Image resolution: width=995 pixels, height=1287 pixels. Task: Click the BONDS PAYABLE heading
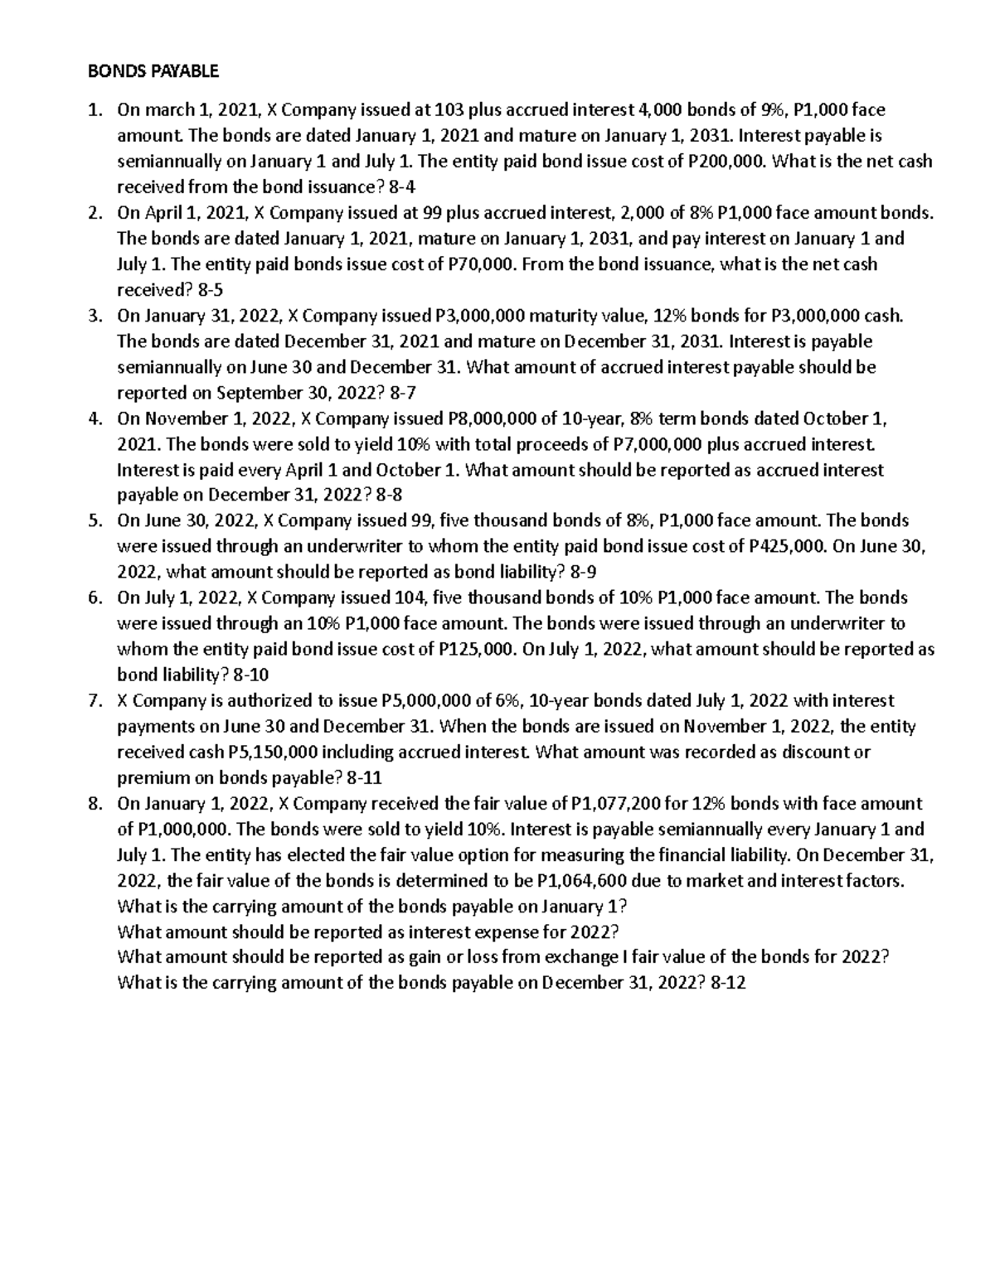click(153, 71)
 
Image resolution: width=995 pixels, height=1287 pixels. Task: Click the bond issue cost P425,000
click(787, 547)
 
